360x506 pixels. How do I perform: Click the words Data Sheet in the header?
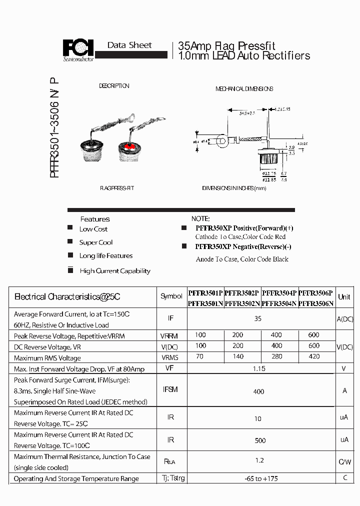(x=129, y=45)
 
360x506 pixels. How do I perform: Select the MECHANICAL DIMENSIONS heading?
(x=244, y=89)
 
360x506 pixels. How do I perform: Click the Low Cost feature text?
(x=93, y=229)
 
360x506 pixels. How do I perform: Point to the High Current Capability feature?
(x=115, y=271)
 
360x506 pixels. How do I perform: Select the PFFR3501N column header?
(x=205, y=303)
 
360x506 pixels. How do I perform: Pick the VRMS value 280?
(x=276, y=356)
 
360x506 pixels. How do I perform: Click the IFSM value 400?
(x=258, y=391)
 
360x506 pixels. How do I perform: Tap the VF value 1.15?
(x=259, y=368)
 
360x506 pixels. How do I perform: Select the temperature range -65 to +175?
(x=258, y=478)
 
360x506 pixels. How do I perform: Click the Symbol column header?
(x=171, y=296)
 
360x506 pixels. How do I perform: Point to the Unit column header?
(x=344, y=296)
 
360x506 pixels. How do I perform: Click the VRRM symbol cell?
(x=169, y=336)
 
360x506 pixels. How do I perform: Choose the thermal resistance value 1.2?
(x=259, y=460)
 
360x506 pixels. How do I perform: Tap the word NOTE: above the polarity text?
(x=200, y=219)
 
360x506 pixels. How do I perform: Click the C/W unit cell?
(x=344, y=462)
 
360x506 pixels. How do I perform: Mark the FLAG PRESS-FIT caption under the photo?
(x=117, y=188)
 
